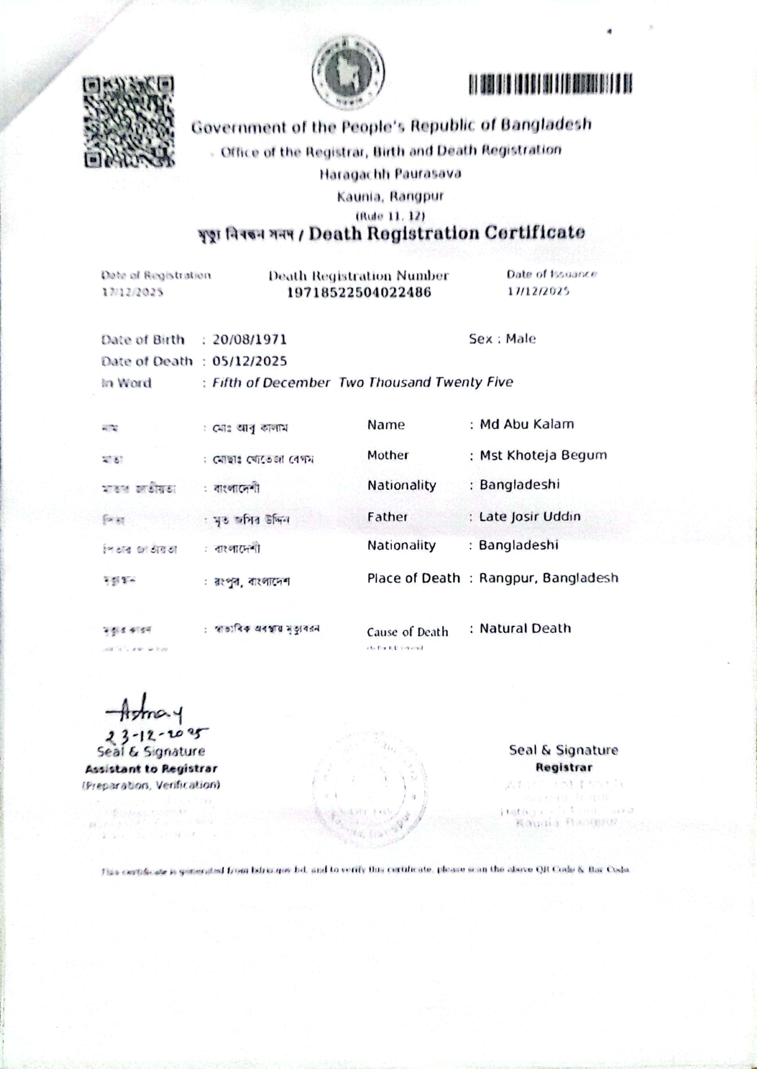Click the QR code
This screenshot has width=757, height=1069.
pos(129,121)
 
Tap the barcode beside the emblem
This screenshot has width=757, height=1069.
pos(551,85)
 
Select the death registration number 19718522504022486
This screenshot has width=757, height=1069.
pos(359,292)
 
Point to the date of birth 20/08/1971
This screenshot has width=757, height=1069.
pos(249,339)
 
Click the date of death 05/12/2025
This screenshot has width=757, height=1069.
pos(249,361)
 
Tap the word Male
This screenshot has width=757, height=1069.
pos(521,339)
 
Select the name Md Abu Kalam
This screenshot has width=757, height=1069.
pos(527,424)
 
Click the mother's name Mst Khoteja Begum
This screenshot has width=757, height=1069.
pos(543,455)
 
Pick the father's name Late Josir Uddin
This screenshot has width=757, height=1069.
pos(530,517)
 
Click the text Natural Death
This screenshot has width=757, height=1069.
pos(525,629)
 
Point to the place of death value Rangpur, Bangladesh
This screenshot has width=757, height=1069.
pos(549,578)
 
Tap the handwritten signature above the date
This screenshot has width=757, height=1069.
pos(145,712)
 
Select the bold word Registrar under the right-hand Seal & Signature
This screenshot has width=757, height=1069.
pos(563,767)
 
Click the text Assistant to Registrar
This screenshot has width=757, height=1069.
pos(151,769)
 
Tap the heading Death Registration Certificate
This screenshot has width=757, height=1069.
pos(447,233)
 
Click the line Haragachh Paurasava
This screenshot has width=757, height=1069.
pos(390,174)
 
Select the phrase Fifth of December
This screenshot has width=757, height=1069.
pos(271,383)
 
